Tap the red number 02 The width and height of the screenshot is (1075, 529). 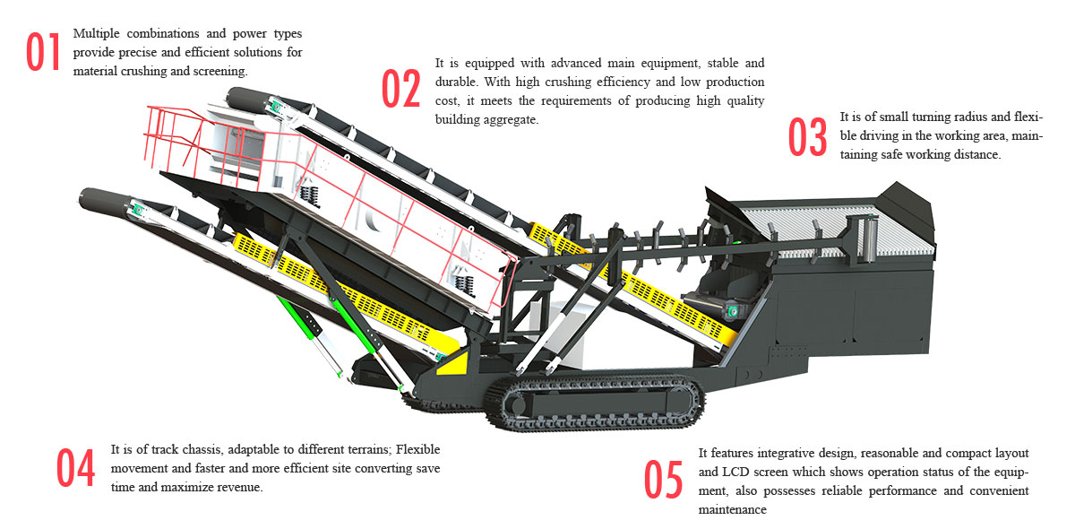coord(400,89)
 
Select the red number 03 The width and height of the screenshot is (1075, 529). coord(807,137)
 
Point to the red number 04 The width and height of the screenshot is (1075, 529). coord(76,467)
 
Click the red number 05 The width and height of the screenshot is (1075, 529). coord(664,480)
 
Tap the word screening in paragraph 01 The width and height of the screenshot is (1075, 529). coord(220,71)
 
